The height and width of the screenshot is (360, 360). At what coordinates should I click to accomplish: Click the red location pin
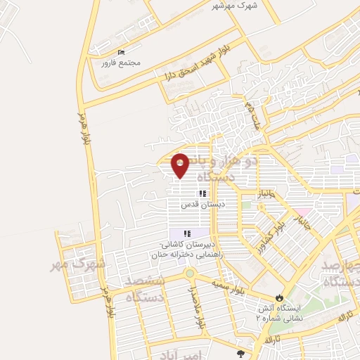181,165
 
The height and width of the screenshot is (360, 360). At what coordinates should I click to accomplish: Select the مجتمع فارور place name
121,63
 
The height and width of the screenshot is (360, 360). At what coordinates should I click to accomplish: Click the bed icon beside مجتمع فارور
121,53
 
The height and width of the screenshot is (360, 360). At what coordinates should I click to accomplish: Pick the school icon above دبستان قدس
202,193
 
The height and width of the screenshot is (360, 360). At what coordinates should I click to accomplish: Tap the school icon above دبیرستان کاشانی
187,233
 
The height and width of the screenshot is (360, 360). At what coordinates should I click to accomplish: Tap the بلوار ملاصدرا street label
198,309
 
